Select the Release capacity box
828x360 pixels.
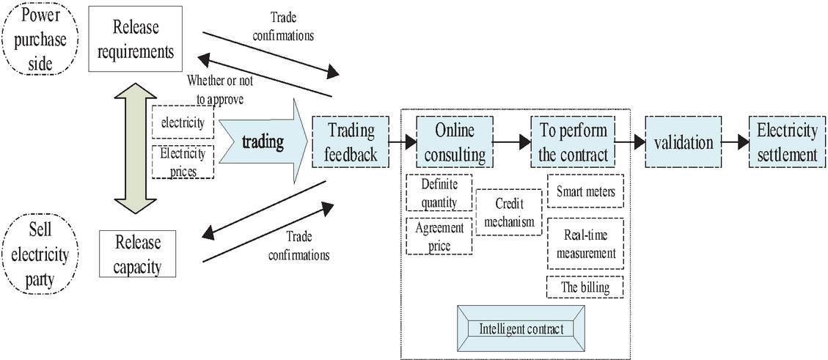coord(137,254)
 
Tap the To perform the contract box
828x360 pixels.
coord(573,142)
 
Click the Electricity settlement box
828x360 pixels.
coord(786,142)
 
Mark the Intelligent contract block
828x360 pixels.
coord(521,328)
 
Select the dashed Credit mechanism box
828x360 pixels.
coord(508,212)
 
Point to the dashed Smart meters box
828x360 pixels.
coord(585,192)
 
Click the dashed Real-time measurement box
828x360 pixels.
coord(585,243)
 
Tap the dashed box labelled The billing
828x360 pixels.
coord(585,287)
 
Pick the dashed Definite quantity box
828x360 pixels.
coord(439,193)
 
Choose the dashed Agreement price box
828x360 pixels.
coord(439,235)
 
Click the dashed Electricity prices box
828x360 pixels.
coord(182,162)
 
